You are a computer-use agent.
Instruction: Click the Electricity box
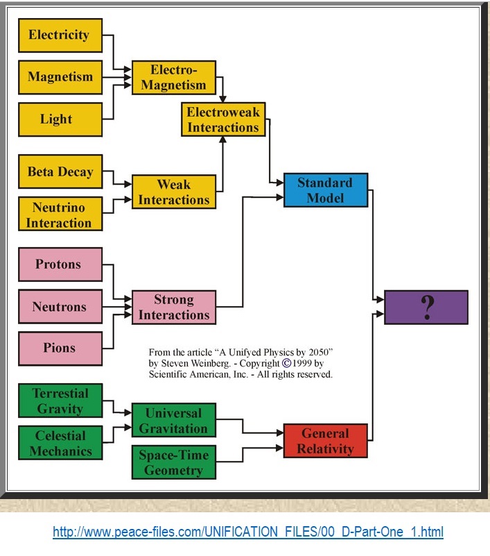[60, 35]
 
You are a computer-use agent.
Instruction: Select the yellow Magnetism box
[60, 77]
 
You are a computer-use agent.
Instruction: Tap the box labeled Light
[60, 119]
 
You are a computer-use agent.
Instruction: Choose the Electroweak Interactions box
[223, 119]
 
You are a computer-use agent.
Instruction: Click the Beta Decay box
[60, 172]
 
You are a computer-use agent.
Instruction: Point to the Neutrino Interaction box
[60, 214]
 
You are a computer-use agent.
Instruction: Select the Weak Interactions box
[173, 192]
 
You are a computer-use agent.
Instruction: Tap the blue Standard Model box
[325, 190]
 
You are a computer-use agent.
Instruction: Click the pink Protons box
[60, 264]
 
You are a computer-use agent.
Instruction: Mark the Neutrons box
[60, 306]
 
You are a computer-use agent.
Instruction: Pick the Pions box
[60, 348]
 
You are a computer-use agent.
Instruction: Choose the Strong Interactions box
[173, 307]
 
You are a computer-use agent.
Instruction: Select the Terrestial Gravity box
[60, 401]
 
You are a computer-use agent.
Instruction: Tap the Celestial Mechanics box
[60, 444]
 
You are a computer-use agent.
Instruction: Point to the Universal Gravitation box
[173, 420]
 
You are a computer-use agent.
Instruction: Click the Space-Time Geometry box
[173, 463]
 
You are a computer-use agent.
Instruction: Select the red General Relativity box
[325, 441]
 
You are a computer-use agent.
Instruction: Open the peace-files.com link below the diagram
[248, 532]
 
